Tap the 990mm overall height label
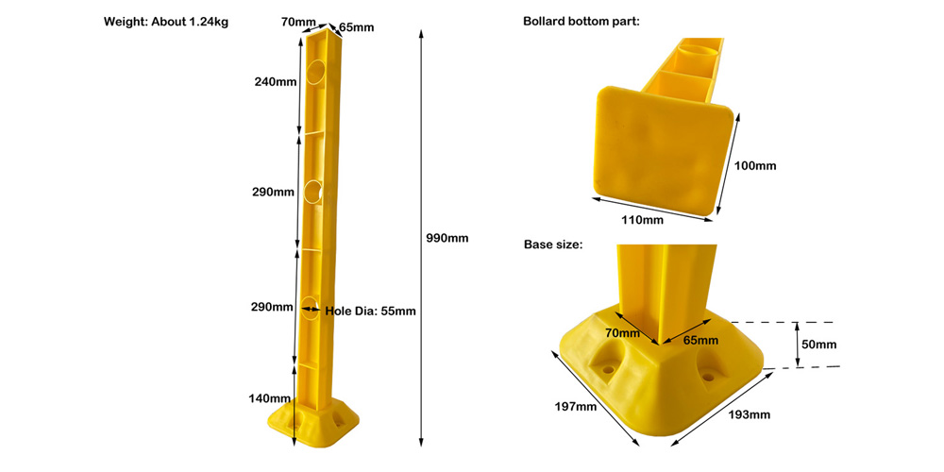pos(447,238)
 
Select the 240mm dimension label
pos(275,82)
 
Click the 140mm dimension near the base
pos(270,398)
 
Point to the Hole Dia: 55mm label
pos(370,312)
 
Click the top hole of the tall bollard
pos(316,72)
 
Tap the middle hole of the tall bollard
pos(313,191)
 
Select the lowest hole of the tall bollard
pos(310,308)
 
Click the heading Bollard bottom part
pos(581,22)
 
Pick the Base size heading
pos(553,244)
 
